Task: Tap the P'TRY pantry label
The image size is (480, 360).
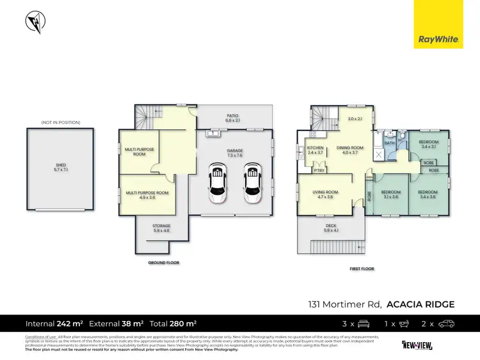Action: coord(318,170)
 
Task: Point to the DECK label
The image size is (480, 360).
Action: coord(331,226)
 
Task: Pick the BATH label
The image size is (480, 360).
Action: coord(390,143)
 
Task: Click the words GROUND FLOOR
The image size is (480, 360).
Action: coord(164,262)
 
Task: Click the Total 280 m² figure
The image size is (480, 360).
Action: coord(174,324)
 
